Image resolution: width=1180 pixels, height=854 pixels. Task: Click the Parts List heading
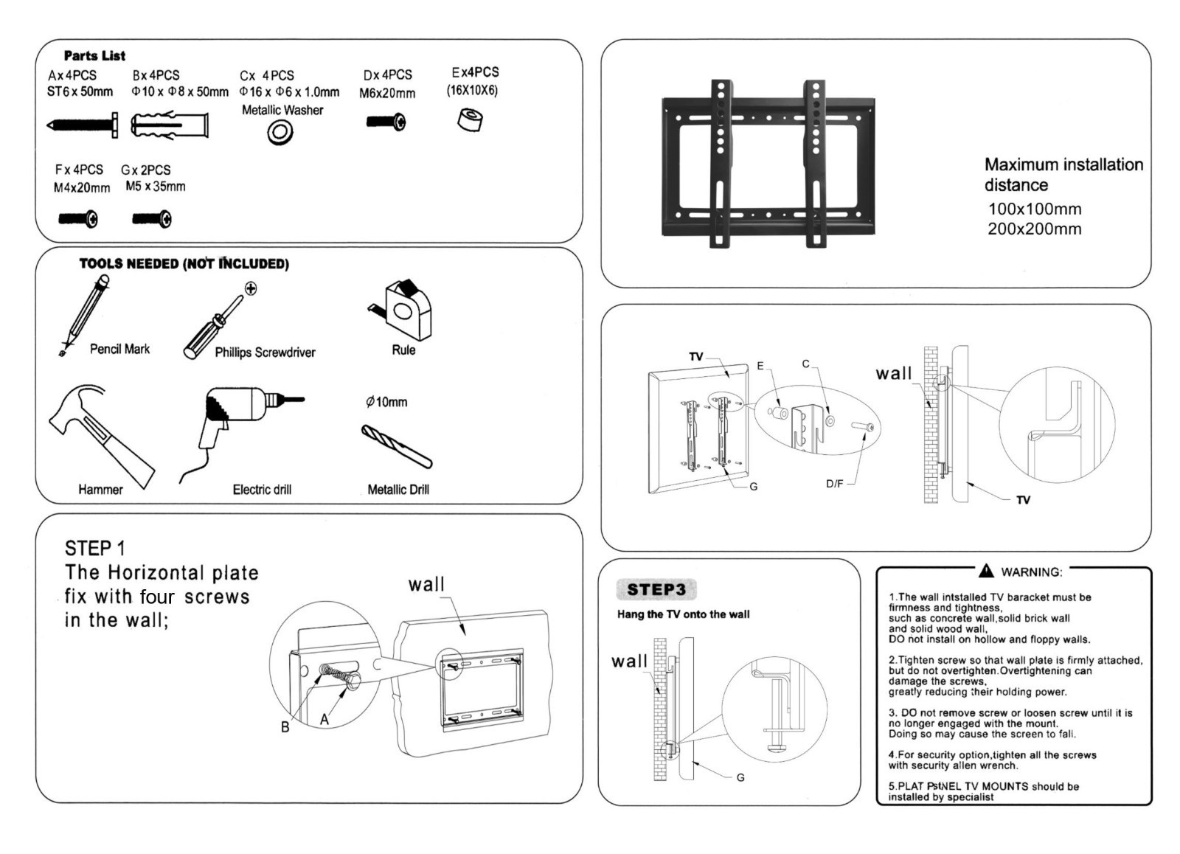click(94, 55)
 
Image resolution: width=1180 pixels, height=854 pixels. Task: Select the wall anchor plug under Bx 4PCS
click(170, 125)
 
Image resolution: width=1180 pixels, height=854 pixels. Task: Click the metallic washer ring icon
click(280, 133)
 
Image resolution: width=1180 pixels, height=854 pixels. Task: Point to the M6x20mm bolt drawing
click(386, 122)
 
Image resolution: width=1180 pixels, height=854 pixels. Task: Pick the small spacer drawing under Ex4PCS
click(469, 119)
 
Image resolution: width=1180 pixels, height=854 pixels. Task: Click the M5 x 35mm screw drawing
click(152, 218)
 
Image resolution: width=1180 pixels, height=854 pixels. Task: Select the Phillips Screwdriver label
click(265, 353)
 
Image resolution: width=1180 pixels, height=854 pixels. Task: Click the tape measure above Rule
click(402, 310)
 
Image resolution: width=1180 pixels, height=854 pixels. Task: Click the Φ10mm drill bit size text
click(386, 402)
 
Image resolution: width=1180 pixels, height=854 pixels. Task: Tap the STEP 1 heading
click(94, 548)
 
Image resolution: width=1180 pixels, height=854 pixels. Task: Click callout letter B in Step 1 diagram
click(285, 727)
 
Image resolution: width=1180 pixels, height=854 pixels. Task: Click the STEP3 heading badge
click(656, 589)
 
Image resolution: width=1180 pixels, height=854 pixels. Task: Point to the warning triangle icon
click(986, 571)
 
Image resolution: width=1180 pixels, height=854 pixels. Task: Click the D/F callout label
click(834, 484)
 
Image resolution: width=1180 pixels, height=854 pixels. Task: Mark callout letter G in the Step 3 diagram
click(740, 777)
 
